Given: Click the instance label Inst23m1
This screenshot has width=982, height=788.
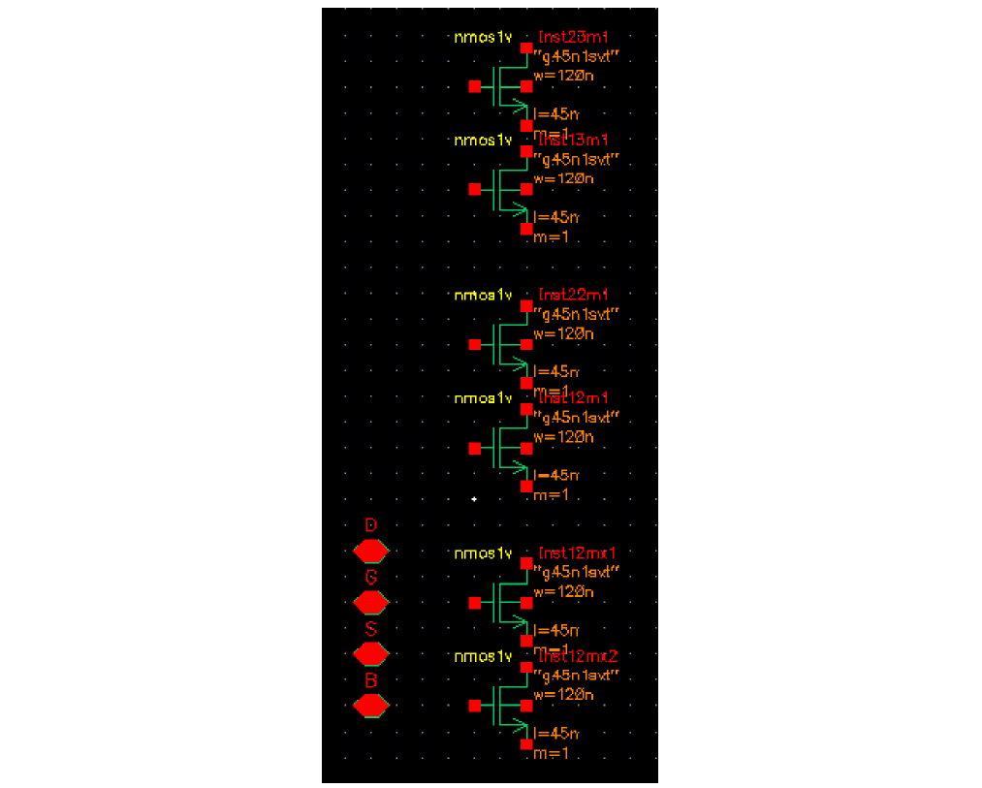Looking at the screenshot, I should click(x=573, y=37).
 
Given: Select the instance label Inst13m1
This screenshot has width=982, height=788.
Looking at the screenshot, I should click(x=573, y=141).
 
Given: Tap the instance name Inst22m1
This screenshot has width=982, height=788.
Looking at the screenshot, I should click(x=573, y=295).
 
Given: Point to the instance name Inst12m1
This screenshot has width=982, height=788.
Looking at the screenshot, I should click(x=573, y=397).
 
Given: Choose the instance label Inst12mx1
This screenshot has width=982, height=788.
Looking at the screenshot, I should click(x=578, y=552).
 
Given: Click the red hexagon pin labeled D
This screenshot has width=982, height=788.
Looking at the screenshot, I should click(x=370, y=552).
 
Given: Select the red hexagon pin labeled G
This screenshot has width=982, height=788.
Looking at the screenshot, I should click(x=370, y=603).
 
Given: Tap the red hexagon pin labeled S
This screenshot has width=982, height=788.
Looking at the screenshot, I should click(x=370, y=654).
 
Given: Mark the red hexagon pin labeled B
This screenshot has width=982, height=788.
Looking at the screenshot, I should click(x=370, y=706).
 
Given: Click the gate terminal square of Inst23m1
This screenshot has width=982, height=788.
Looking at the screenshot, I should click(x=474, y=86).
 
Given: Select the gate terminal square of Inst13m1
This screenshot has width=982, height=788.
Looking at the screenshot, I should click(x=474, y=189).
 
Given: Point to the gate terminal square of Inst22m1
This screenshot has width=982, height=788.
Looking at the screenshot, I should click(x=474, y=344).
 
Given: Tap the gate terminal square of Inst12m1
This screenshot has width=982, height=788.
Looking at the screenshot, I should click(x=474, y=448).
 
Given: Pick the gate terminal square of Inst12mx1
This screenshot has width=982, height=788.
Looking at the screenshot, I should click(x=474, y=603).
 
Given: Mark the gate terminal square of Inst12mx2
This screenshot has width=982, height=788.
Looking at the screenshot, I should click(x=474, y=706).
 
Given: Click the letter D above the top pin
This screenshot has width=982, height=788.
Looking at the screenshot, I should click(x=370, y=525).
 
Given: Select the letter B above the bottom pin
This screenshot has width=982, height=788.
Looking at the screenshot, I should click(x=370, y=680).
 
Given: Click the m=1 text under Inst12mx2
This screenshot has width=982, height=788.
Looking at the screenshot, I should click(x=551, y=753).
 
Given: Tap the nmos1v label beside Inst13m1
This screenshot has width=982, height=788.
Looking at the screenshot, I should click(x=483, y=141).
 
